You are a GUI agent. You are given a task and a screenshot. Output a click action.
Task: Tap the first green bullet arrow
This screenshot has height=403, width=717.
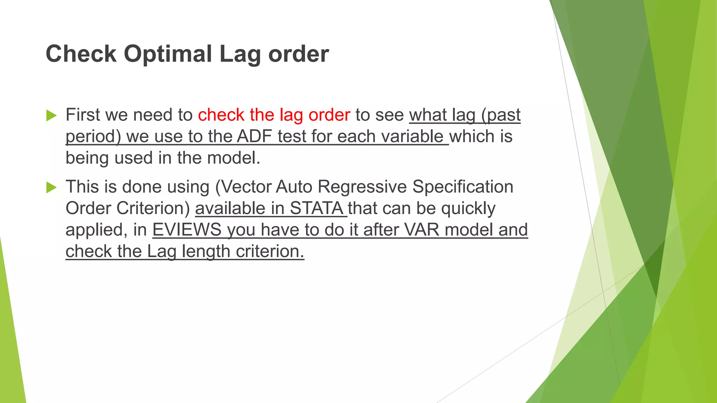coord(51,115)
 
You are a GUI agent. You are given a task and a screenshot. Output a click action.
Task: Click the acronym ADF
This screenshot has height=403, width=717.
coord(255,136)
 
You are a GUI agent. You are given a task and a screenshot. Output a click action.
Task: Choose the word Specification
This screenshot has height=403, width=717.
coord(462,186)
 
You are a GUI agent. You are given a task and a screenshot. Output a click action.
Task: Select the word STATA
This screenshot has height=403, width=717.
coord(316,208)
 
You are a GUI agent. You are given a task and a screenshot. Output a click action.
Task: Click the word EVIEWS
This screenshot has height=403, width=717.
coord(187,230)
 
